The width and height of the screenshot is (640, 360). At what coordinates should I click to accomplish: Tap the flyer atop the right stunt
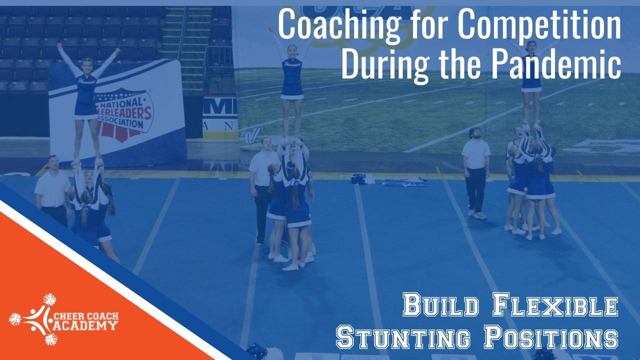[530, 75]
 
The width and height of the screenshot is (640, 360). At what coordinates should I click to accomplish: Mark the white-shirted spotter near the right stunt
[475, 172]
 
